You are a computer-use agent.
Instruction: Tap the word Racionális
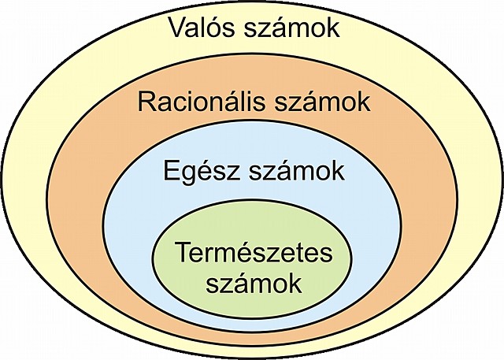coord(206,102)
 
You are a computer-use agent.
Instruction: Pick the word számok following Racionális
coord(322,102)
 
